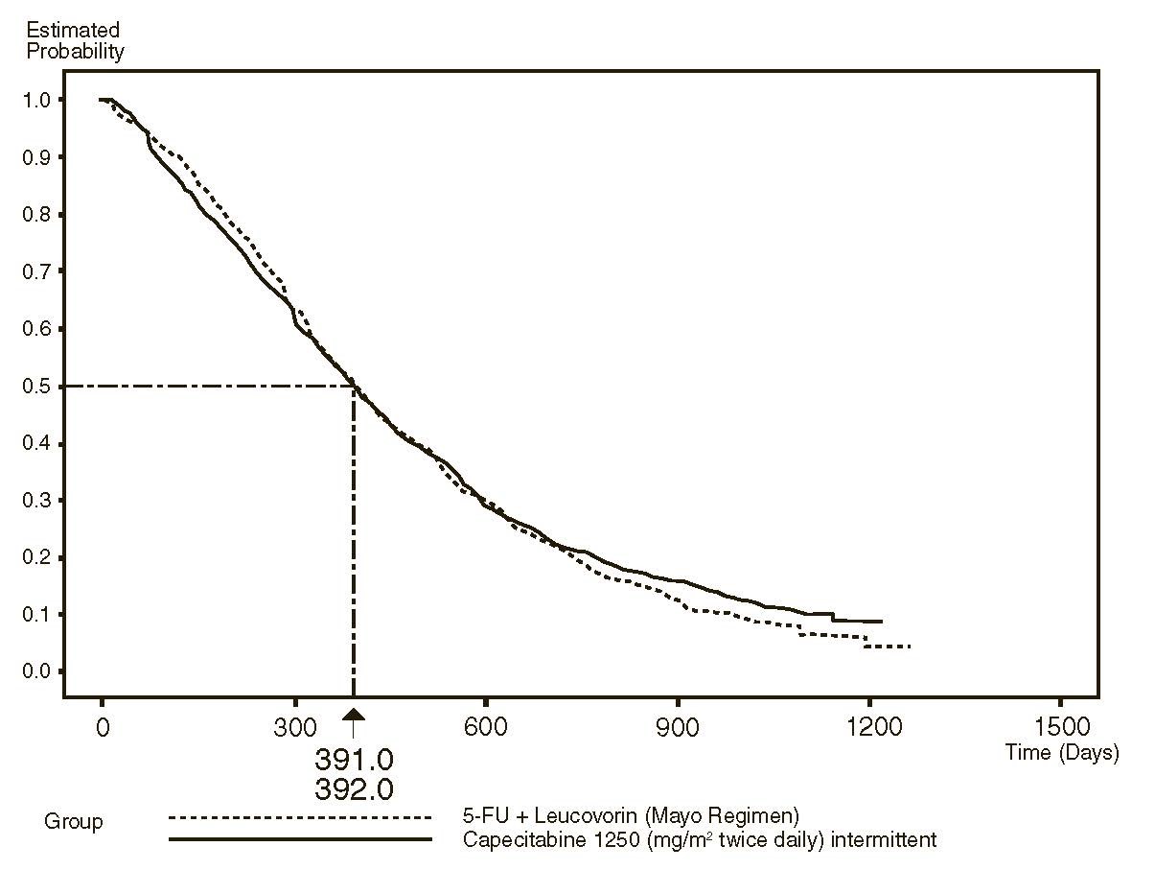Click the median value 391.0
coord(354,760)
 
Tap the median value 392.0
coord(354,788)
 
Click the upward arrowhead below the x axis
coord(354,716)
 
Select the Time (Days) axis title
coord(1061,753)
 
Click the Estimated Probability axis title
coord(75,41)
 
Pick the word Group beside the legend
coord(73,822)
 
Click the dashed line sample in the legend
coord(301,818)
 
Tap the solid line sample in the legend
coord(301,840)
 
